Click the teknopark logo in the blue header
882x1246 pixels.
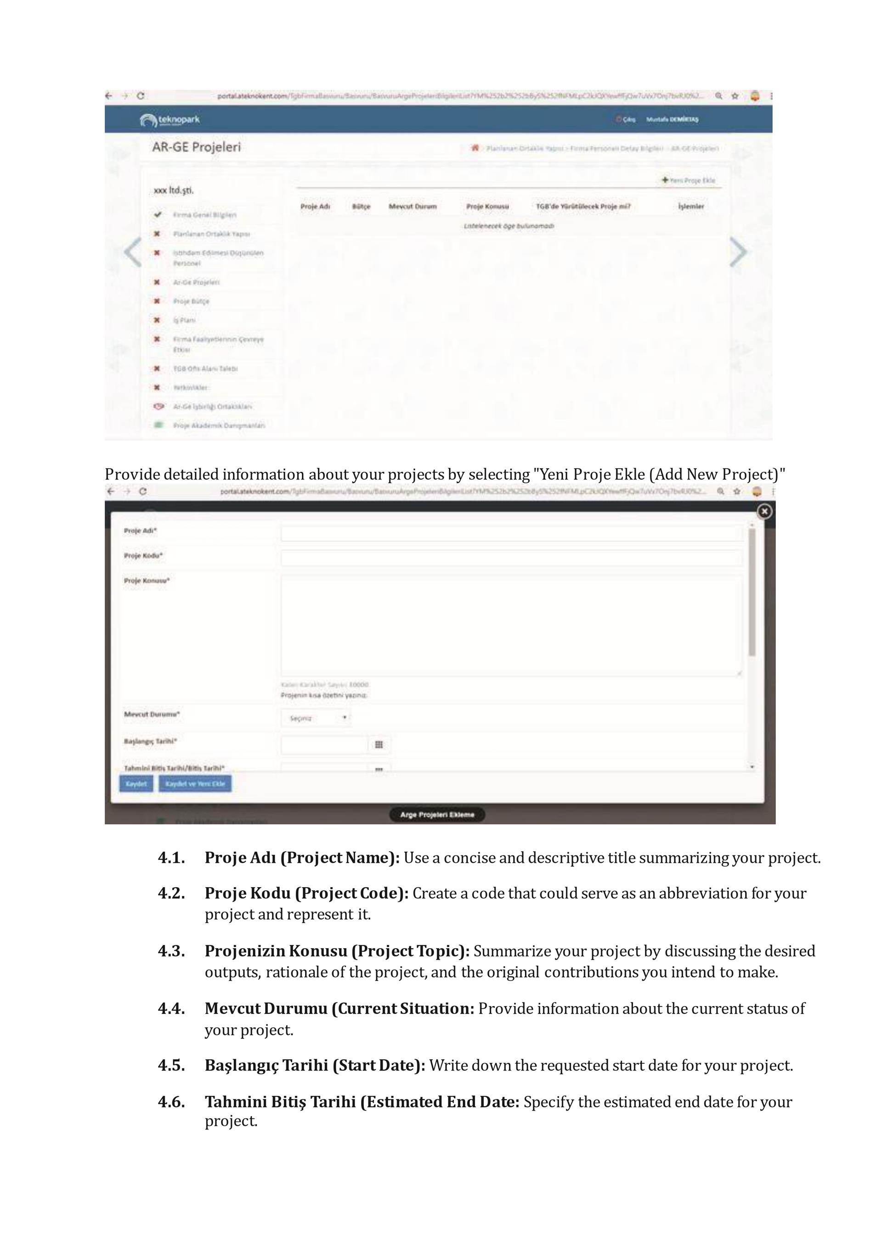point(170,120)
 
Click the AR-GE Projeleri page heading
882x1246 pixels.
point(196,147)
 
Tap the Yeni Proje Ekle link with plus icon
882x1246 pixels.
point(689,180)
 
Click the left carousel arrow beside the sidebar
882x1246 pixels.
point(132,252)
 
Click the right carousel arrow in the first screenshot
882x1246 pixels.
point(738,252)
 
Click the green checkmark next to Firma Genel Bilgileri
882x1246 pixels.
point(158,215)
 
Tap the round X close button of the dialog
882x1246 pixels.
point(764,511)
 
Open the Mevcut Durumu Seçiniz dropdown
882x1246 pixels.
point(316,718)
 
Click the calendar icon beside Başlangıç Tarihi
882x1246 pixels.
point(379,744)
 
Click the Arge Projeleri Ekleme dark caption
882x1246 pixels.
point(437,815)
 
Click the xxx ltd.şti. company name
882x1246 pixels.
point(174,190)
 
